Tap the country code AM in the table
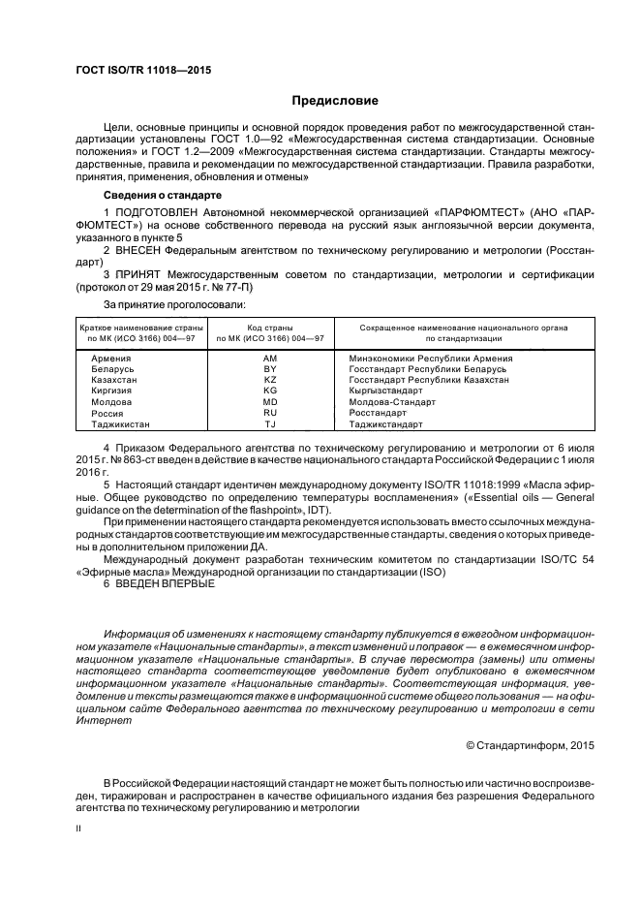pos(270,358)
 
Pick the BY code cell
pos(270,369)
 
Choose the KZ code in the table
pos(270,380)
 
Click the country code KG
pos(270,391)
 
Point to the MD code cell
pos(270,401)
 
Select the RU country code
pos(270,412)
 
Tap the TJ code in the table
pos(270,423)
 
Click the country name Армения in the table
pos(110,358)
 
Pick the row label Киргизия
pos(112,391)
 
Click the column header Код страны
pos(270,328)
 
